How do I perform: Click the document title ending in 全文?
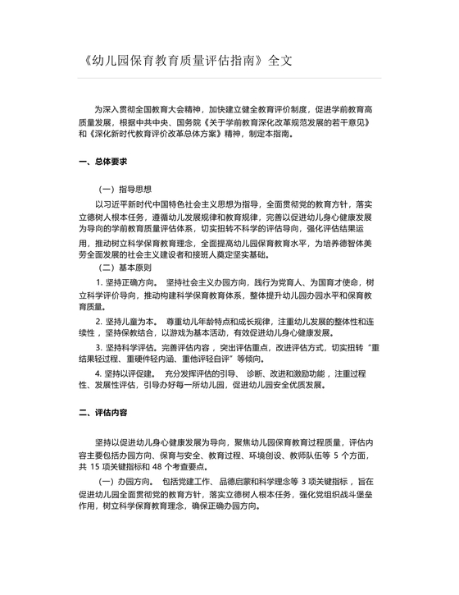[188, 61]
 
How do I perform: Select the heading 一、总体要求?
[102, 162]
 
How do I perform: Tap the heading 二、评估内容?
[102, 411]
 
